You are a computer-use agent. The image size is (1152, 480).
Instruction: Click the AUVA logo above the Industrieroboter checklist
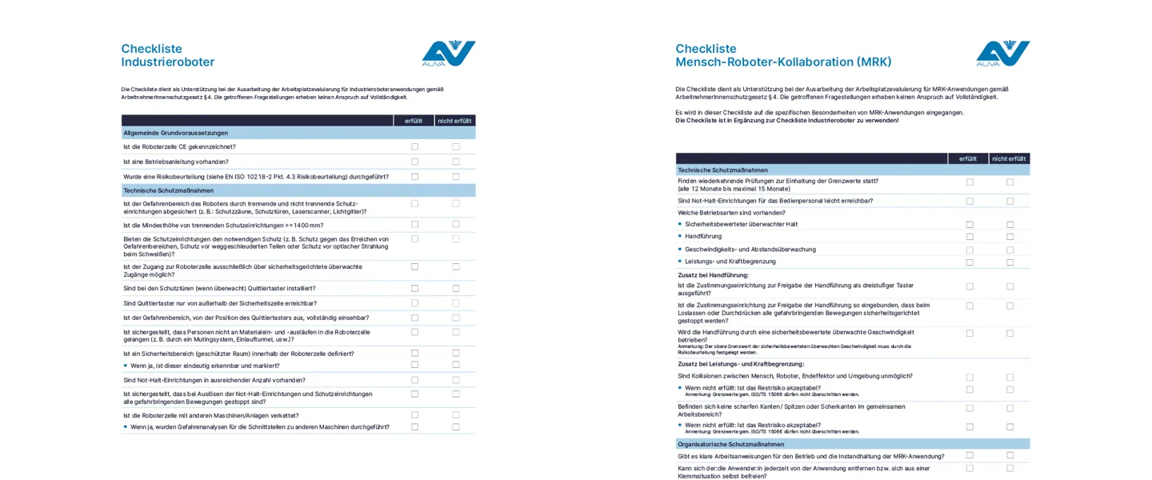(448, 53)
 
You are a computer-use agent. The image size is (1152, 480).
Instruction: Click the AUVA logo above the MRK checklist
(1002, 53)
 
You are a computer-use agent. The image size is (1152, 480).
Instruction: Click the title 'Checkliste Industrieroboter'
(168, 55)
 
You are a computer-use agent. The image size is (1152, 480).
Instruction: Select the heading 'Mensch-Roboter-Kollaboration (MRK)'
(783, 62)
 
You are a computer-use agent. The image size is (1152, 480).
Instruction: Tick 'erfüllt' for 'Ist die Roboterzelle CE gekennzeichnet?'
(414, 147)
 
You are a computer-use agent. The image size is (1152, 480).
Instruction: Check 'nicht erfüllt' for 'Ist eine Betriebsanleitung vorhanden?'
(456, 162)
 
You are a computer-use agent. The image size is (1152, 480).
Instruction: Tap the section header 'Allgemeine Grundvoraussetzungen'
(175, 133)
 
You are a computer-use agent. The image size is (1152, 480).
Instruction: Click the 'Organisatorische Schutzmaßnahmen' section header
(730, 444)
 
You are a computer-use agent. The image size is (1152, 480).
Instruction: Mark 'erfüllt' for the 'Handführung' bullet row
(970, 237)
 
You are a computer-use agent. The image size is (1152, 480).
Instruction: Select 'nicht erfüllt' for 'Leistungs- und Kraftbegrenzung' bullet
(1010, 262)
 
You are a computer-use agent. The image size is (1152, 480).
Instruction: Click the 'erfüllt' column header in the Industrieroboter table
(414, 121)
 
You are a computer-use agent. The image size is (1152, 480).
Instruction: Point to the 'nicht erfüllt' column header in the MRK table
(1009, 158)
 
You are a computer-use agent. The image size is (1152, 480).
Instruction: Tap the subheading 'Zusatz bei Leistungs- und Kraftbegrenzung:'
(741, 364)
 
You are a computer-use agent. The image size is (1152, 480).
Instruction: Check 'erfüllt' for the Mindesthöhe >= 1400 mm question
(414, 225)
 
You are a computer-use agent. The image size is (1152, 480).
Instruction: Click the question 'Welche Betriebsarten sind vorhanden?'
(731, 213)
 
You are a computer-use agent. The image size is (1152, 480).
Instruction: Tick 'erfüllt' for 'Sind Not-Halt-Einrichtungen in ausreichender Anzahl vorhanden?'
(414, 380)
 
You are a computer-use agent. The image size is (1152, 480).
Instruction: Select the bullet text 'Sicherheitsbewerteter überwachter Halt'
(741, 225)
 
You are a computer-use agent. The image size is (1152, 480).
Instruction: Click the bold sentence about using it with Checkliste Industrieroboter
(786, 121)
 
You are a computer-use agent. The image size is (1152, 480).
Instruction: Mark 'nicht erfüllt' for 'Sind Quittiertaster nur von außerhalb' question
(456, 303)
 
